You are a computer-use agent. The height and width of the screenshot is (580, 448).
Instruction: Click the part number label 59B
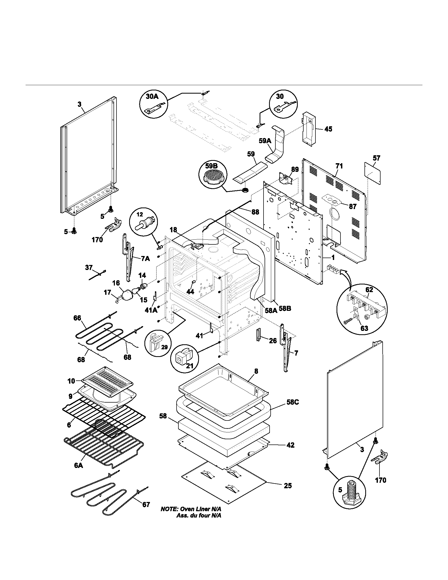tap(211, 166)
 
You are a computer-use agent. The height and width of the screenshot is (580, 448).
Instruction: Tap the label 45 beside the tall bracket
tap(328, 129)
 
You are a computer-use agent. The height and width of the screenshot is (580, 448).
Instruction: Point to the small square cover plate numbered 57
tap(372, 174)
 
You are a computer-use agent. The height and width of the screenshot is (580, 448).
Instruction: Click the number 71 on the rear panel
tap(339, 166)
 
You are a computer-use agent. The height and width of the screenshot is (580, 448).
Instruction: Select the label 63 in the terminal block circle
tap(364, 328)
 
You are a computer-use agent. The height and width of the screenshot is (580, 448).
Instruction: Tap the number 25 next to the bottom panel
tap(288, 486)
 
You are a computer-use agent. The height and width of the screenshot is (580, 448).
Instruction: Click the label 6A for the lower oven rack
tap(79, 465)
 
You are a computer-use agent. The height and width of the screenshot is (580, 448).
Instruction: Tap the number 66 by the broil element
tap(77, 318)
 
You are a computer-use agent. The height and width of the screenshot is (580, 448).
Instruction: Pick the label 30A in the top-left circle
tap(152, 96)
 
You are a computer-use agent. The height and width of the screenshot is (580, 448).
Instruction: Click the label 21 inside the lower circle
tap(189, 366)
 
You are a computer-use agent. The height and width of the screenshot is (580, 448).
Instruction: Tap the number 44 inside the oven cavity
tap(190, 292)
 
